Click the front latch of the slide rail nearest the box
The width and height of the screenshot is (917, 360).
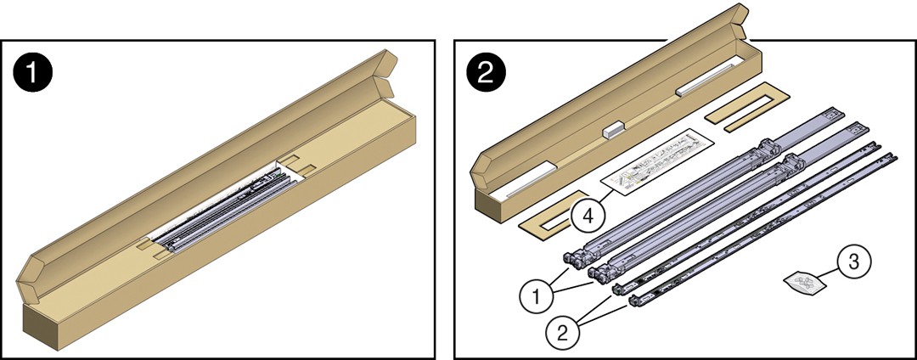[x=575, y=255]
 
